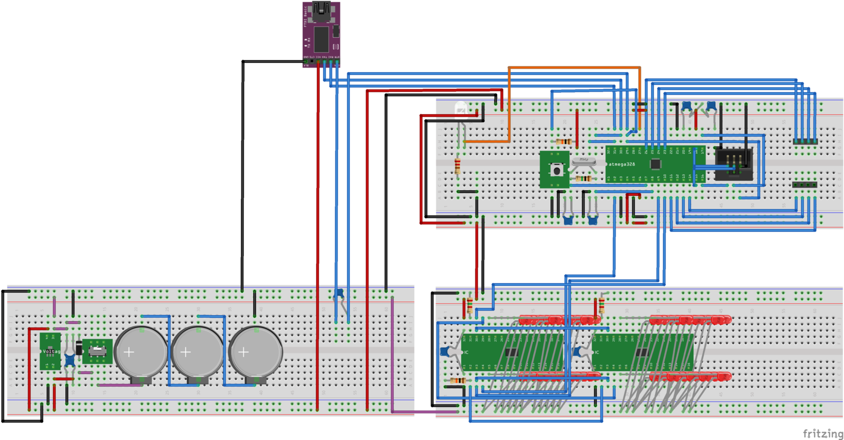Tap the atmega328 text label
click(x=623, y=164)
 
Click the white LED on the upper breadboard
click(x=461, y=110)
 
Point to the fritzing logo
click(x=822, y=433)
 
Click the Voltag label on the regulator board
click(x=52, y=351)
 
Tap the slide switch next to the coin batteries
click(x=97, y=351)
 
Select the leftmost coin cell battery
click(x=141, y=353)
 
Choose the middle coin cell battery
click(x=197, y=353)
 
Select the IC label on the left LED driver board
click(x=467, y=352)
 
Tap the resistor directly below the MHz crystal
click(x=583, y=179)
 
